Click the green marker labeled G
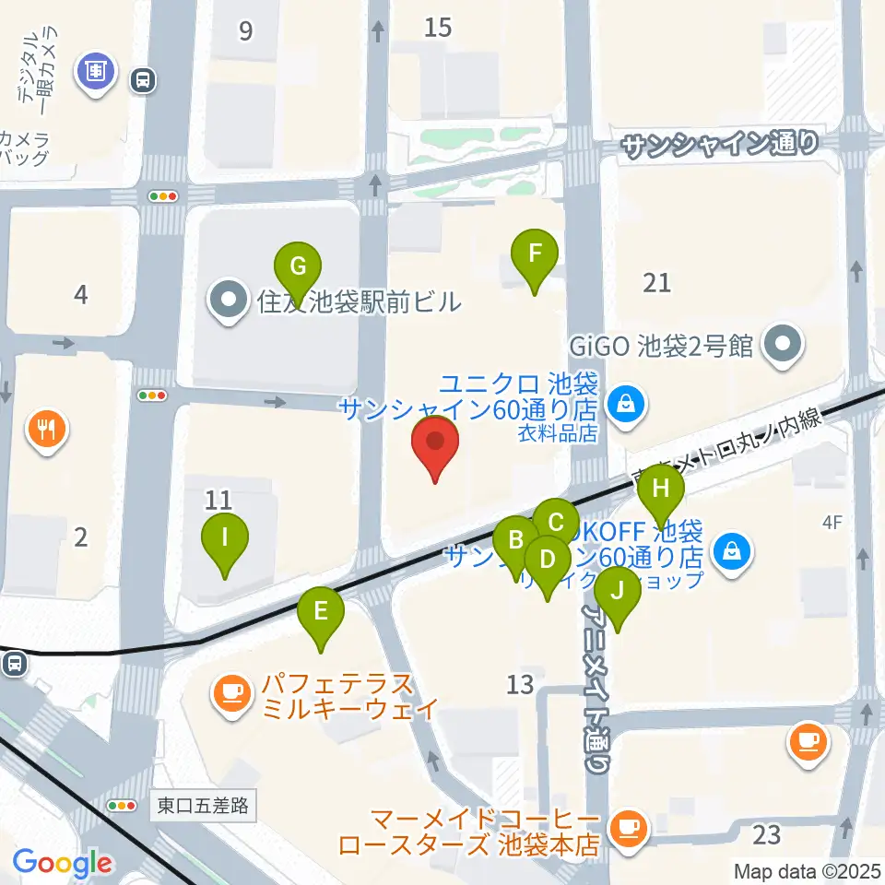[298, 266]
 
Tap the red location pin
[435, 446]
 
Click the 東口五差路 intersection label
[203, 806]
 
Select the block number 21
[657, 282]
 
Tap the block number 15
[438, 28]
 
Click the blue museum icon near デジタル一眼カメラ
[96, 70]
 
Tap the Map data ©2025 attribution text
[806, 870]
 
